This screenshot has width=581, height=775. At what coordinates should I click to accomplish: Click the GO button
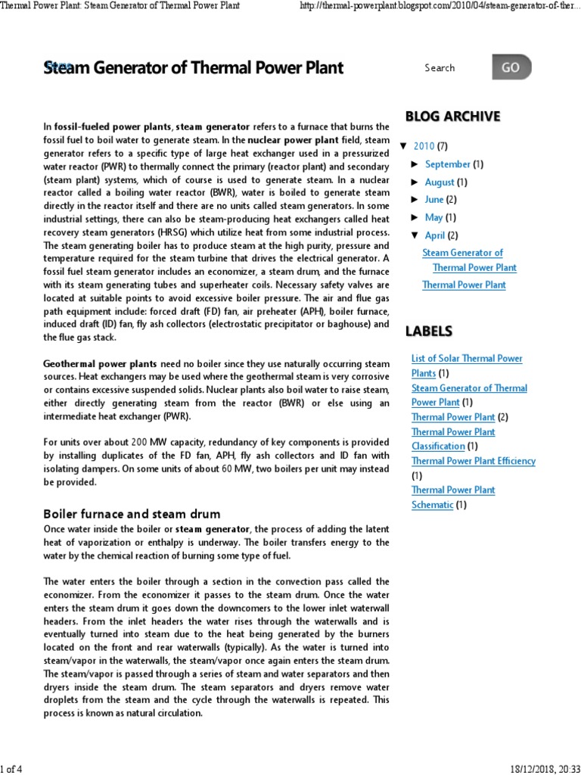[511, 67]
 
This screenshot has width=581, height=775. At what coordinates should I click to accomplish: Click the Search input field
[454, 68]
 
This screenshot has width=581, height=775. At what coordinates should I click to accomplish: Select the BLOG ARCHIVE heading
[452, 116]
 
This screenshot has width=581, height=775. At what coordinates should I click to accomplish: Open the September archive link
[447, 164]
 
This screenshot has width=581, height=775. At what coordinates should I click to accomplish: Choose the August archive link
[440, 182]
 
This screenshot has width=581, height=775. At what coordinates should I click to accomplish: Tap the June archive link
[434, 200]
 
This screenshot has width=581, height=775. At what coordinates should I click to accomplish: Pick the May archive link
[433, 218]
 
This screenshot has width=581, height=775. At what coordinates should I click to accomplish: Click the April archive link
[435, 235]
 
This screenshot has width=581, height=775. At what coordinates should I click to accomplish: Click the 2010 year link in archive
[424, 146]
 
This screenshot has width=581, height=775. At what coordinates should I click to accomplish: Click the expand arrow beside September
[415, 164]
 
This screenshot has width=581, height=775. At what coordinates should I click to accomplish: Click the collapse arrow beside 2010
[402, 146]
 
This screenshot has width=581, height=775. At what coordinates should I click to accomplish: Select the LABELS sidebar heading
[429, 331]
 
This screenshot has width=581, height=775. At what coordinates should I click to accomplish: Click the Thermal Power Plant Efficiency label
[473, 461]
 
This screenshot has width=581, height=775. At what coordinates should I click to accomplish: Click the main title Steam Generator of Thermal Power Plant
[194, 68]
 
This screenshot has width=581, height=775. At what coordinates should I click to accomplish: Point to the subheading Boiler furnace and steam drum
[132, 514]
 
